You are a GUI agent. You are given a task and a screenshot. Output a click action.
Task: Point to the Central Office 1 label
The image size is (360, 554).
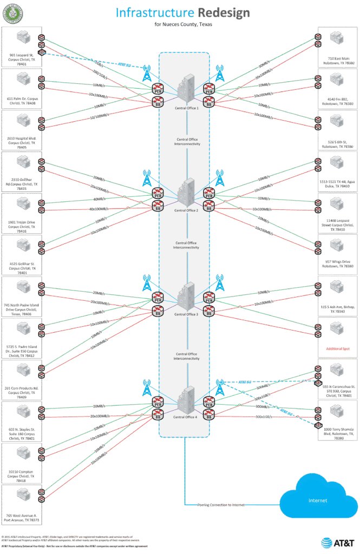[186, 108]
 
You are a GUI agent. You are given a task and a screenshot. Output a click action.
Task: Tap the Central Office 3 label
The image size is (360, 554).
[186, 314]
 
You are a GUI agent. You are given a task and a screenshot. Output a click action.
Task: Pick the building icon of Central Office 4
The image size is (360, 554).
[186, 399]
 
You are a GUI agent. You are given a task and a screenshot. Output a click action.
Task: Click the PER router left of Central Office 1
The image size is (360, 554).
[158, 89]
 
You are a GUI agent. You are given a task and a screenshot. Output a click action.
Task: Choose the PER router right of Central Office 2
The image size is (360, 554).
[208, 192]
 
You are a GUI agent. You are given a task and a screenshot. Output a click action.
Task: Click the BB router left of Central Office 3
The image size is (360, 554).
[158, 312]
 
